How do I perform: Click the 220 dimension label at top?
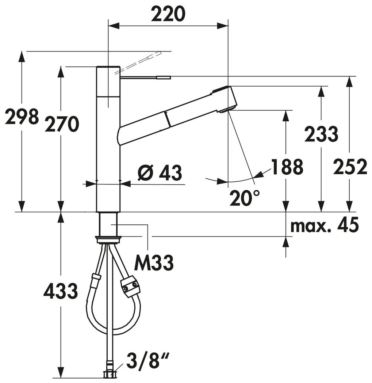[168, 14]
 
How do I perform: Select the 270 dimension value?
[62, 124]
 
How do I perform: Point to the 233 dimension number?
[321, 134]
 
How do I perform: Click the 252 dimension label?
[350, 167]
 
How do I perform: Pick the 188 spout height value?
[287, 167]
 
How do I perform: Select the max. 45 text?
[325, 225]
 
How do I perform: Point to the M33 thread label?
[154, 262]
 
